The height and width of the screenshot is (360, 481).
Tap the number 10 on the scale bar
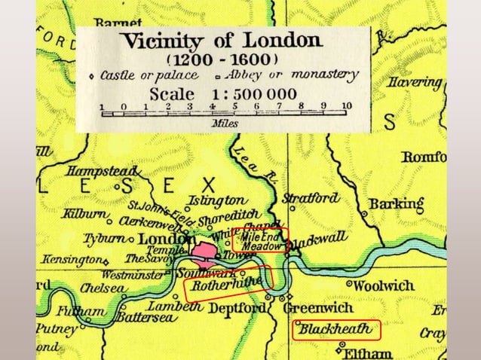tap(345, 105)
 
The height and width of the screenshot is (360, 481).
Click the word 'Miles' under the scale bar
tap(224, 122)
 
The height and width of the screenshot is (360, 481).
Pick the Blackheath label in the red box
tap(335, 330)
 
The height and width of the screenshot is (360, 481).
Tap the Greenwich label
tap(321, 308)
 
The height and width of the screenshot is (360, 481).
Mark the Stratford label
tap(310, 198)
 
